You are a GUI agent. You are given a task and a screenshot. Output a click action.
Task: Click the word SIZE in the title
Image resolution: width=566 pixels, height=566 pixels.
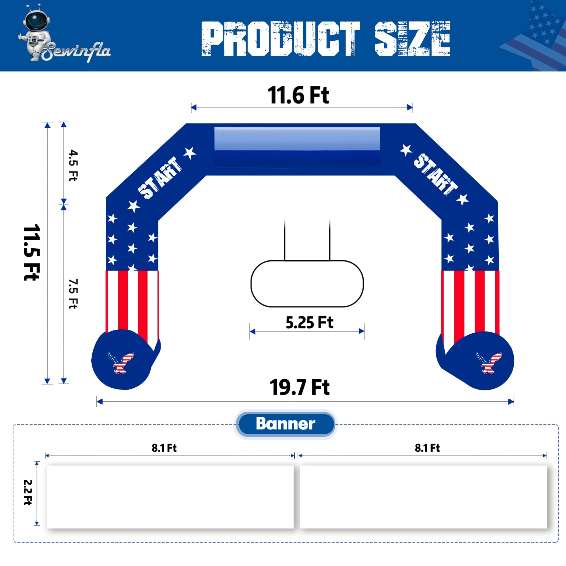[x=412, y=39]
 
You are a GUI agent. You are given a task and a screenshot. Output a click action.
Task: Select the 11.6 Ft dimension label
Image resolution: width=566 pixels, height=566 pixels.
[x=298, y=96]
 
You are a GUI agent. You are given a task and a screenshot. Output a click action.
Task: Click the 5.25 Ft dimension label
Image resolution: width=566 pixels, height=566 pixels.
[x=309, y=323]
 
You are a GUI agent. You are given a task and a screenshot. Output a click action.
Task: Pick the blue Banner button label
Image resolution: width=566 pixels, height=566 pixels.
[x=285, y=424]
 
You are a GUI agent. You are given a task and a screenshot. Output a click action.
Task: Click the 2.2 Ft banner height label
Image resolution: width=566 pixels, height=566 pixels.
[x=28, y=492]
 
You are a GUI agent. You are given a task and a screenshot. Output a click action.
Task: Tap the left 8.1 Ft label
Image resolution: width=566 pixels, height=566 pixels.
[x=164, y=448]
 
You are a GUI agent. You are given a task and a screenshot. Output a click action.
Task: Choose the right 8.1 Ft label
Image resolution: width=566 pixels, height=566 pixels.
[x=427, y=448]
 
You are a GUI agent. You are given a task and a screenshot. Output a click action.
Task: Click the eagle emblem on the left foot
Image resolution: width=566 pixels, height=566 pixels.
[x=121, y=362]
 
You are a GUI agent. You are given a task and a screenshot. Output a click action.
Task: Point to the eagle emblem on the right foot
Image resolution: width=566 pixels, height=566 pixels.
[x=489, y=362]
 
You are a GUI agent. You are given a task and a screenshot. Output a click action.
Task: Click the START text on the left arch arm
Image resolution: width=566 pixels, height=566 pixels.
[x=160, y=178]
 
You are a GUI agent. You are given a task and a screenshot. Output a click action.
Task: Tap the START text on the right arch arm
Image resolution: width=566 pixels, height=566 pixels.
[x=435, y=174]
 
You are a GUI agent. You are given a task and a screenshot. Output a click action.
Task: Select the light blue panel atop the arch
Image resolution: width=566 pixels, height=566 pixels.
[x=297, y=139]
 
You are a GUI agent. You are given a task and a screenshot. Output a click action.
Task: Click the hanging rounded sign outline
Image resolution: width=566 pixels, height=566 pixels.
[x=307, y=284]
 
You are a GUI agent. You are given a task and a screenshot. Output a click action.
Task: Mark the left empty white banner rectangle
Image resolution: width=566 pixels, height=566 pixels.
[x=170, y=497]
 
